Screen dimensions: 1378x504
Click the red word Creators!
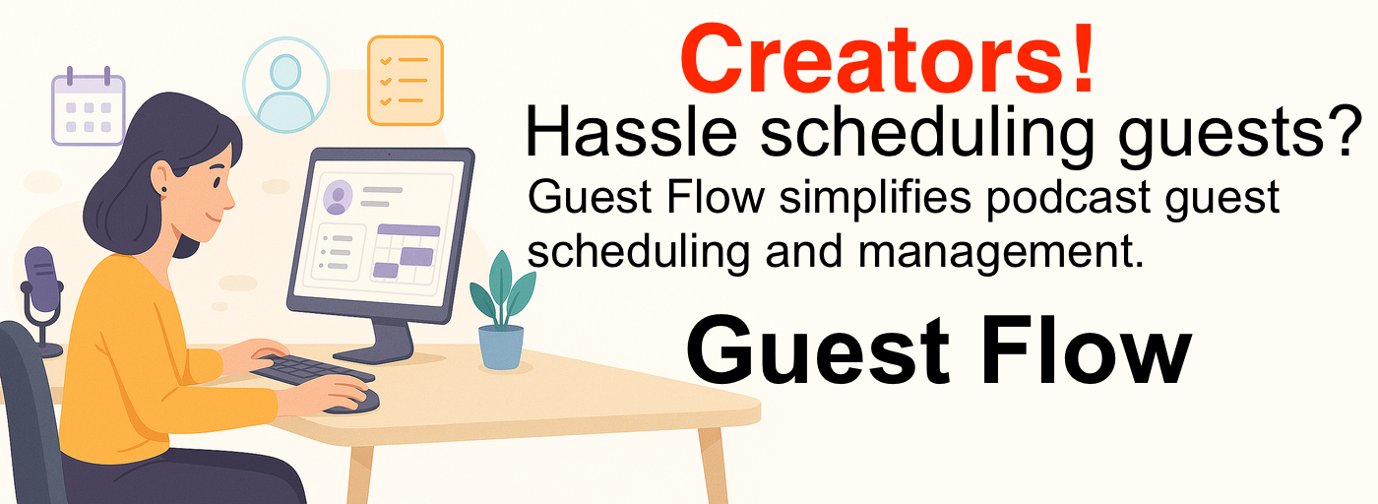tap(887, 59)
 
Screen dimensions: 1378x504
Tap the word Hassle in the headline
tap(631, 132)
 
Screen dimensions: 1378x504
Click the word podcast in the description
tap(1069, 198)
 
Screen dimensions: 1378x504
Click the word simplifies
tap(875, 198)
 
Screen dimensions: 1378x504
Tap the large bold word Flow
tap(1086, 349)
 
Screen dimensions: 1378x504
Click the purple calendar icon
tap(89, 106)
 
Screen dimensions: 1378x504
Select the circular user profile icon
tap(286, 85)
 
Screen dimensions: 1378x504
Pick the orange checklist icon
tap(406, 81)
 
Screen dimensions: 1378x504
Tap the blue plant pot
tap(501, 347)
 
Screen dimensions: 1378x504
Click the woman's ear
tap(161, 178)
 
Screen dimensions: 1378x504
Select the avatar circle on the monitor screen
tap(337, 197)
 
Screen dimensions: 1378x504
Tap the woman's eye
tap(218, 182)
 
